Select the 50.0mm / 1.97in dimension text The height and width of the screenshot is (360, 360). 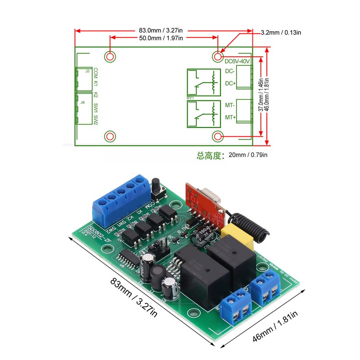[161, 38]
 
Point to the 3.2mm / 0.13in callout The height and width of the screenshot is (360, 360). [281, 32]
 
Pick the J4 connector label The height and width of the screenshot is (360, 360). [82, 103]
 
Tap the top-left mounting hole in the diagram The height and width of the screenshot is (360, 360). [110, 56]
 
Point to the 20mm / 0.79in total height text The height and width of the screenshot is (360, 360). [232, 156]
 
